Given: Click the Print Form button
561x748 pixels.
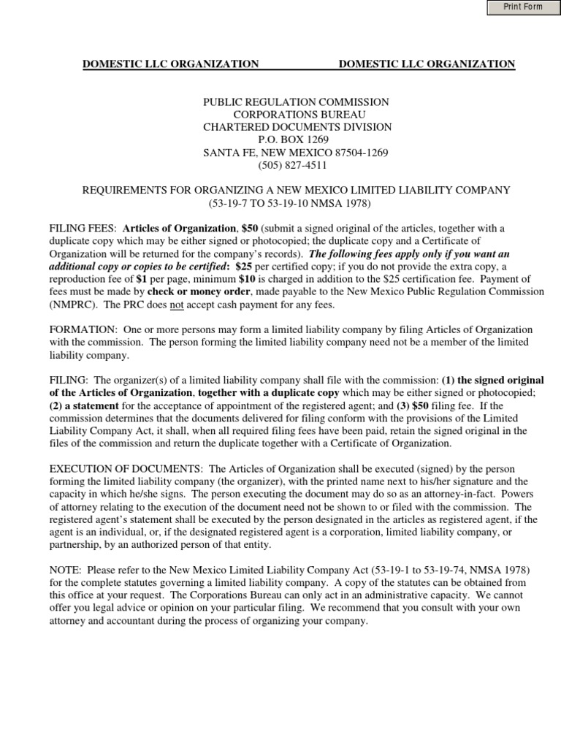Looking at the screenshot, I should (522, 7).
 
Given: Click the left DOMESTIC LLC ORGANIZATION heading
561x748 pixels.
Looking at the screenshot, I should (170, 64).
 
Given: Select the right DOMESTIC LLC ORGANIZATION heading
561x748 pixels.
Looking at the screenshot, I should (427, 64).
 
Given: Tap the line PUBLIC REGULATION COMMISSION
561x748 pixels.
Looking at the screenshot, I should (296, 102).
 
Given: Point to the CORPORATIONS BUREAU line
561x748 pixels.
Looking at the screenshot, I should (295, 115).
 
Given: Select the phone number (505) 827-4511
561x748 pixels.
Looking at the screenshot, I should (295, 165).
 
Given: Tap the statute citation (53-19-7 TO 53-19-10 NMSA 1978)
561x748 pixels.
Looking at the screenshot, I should (295, 202).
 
